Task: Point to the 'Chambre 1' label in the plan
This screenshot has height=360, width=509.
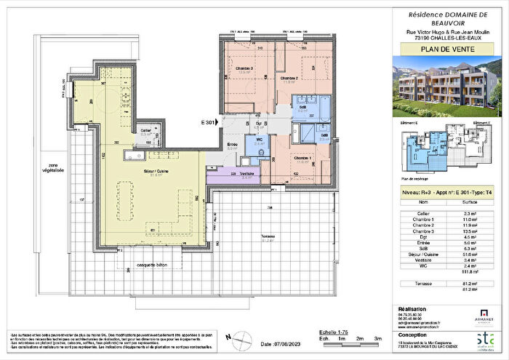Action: [x=303, y=157]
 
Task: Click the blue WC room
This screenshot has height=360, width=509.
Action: [x=260, y=141]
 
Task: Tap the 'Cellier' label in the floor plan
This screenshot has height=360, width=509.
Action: [x=145, y=132]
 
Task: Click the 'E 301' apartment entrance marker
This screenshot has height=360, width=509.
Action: [x=209, y=123]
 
